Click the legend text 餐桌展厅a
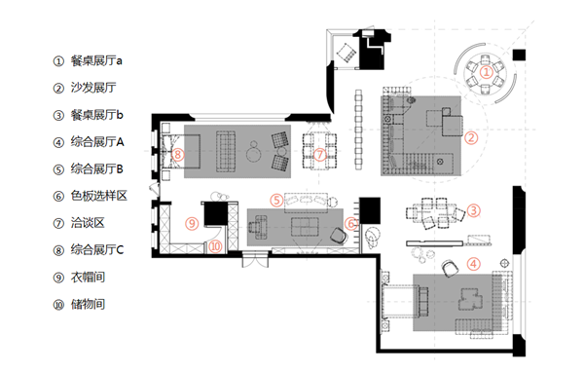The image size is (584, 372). (x=96, y=60)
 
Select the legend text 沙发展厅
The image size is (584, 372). (x=93, y=88)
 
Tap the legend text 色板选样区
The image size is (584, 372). (x=99, y=196)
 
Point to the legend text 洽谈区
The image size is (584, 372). (x=88, y=223)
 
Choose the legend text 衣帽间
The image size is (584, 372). (x=88, y=277)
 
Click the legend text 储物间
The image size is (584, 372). (x=88, y=304)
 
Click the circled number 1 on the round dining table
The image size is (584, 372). (x=486, y=72)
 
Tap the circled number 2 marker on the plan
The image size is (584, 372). (x=471, y=138)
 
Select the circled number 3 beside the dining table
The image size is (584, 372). (x=473, y=210)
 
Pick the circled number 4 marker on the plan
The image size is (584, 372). (x=473, y=264)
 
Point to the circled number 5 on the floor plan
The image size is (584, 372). (x=276, y=201)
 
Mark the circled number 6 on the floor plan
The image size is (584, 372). (x=350, y=224)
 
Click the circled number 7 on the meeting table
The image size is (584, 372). (x=320, y=154)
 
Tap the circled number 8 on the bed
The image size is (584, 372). (x=178, y=154)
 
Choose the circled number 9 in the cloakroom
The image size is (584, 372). (x=192, y=223)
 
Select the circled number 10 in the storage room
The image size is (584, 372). (x=215, y=246)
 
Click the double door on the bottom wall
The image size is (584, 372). (x=255, y=259)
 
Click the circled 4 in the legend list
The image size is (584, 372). (x=58, y=143)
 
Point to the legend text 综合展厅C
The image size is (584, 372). (x=97, y=249)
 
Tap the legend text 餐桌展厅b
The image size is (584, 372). (x=96, y=115)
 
